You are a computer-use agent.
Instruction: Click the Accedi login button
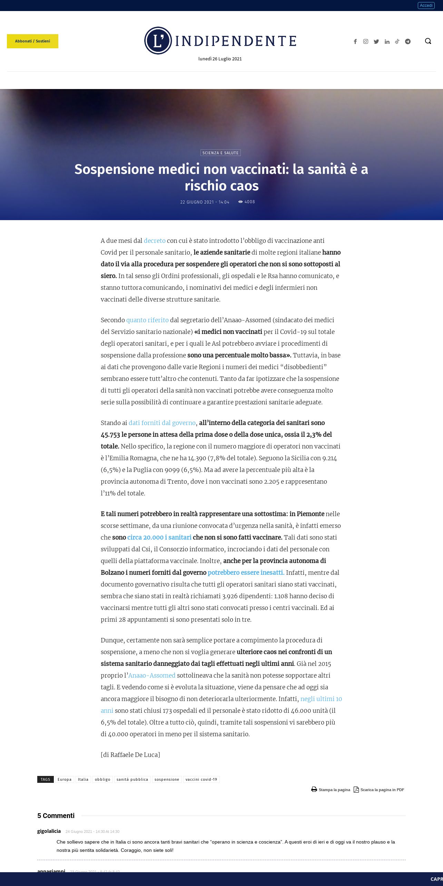[x=426, y=6]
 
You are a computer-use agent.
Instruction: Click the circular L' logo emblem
[x=158, y=41]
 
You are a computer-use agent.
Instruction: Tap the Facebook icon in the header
[x=355, y=41]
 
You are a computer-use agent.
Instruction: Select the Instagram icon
[x=365, y=41]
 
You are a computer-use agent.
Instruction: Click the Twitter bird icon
[x=376, y=41]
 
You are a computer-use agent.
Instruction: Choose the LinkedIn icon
[x=387, y=41]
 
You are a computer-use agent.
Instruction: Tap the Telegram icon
[x=408, y=41]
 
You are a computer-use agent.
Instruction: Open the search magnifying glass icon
[x=428, y=41]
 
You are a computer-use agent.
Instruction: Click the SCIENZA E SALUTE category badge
[x=220, y=153]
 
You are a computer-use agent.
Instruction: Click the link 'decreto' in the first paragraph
[x=155, y=240]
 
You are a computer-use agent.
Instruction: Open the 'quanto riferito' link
[x=147, y=320]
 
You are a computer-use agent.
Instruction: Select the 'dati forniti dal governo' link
[x=162, y=423]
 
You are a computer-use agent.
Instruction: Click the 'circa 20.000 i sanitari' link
[x=159, y=537]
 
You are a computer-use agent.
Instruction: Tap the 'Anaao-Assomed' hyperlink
[x=152, y=675]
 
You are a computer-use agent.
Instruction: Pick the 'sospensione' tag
[x=167, y=779]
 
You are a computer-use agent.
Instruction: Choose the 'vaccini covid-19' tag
[x=201, y=779]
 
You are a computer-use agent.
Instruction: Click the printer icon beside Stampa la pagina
[x=314, y=789]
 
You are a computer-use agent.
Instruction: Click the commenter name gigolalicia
[x=49, y=831]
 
